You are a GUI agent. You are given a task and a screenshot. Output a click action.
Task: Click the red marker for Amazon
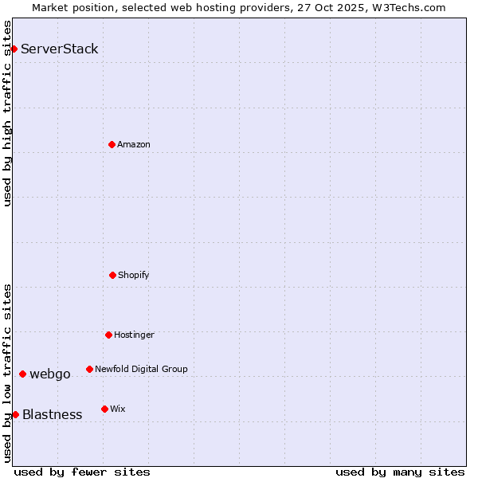pos(112,144)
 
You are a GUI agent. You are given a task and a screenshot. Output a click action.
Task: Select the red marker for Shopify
pos(112,275)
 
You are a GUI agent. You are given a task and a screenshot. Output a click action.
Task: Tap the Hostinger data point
pos(108,335)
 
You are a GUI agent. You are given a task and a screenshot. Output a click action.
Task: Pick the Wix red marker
pos(104,409)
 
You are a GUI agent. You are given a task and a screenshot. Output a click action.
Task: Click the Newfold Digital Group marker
pos(89,369)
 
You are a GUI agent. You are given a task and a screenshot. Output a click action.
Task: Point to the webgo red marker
pos(22,374)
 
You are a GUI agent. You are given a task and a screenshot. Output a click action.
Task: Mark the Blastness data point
pos(15,414)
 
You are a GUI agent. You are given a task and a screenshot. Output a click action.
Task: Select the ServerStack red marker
pos(14,49)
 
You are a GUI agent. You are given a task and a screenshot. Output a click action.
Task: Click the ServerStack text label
pos(60,49)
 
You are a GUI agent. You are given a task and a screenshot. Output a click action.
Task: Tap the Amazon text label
pos(134,144)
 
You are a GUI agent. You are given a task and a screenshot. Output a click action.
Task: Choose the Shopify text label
pos(134,275)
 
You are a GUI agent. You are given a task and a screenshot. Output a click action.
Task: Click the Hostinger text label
pos(134,335)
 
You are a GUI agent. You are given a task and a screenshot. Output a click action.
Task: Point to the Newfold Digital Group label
pos(141,369)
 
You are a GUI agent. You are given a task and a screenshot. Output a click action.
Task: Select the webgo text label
pos(50,374)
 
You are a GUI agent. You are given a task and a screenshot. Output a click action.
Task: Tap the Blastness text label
pos(53,414)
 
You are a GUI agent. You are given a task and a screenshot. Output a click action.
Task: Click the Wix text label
pos(118,409)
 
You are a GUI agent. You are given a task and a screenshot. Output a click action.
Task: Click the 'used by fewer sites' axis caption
pos(82,472)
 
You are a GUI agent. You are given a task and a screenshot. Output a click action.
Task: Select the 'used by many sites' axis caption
pos(400,472)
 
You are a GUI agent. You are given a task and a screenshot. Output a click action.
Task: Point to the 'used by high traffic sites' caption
pos(8,113)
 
